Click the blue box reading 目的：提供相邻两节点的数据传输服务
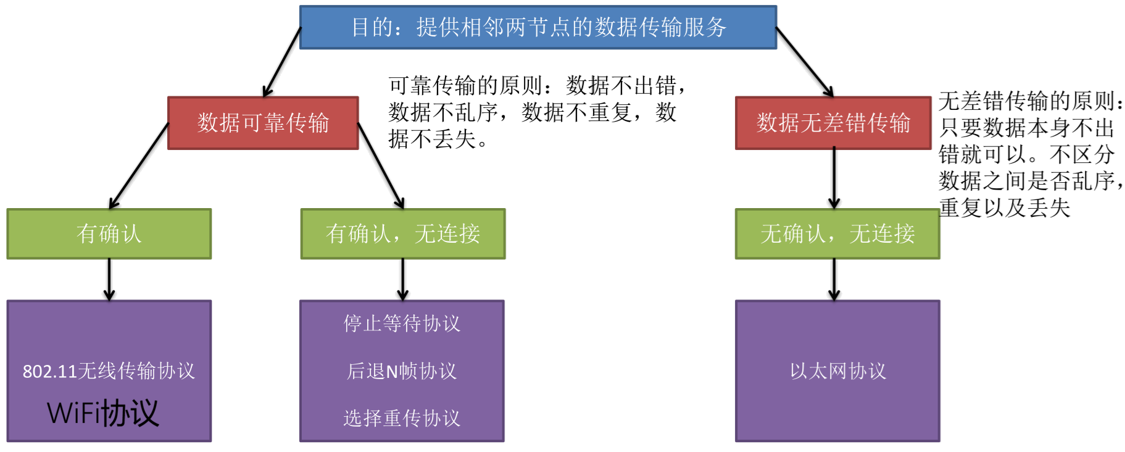point(538,27)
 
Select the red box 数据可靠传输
point(263,123)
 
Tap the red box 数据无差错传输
point(833,123)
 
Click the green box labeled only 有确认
point(109,234)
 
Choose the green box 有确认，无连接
point(403,234)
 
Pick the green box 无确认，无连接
point(837,234)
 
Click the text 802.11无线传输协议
point(109,371)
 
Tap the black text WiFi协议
point(103,413)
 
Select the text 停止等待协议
point(402,324)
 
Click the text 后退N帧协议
point(402,371)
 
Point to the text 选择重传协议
point(402,419)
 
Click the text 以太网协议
point(837,371)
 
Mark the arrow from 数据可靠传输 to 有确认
point(139,165)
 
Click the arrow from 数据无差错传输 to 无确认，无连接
point(834,178)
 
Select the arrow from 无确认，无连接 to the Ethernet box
point(834,279)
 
